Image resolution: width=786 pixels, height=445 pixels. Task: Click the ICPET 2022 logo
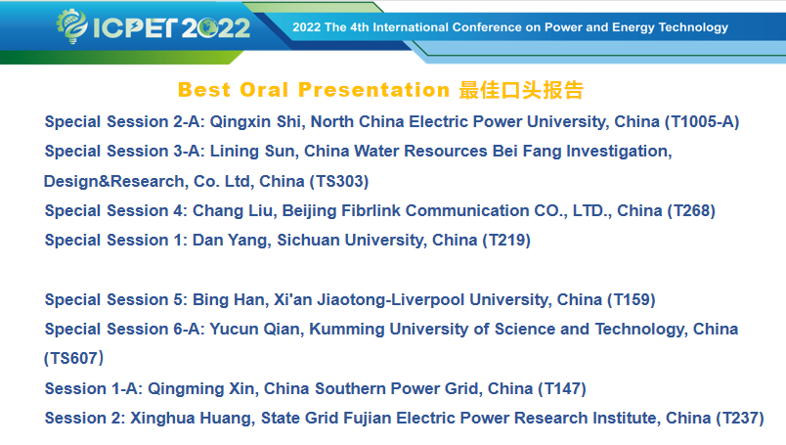(153, 26)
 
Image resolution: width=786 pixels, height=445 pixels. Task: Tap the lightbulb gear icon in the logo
(71, 26)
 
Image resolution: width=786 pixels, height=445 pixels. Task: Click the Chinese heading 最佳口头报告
(521, 90)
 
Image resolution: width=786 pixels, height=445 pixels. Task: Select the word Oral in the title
(264, 90)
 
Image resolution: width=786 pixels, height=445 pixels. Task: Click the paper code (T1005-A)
(702, 122)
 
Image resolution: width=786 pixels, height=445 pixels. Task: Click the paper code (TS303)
(339, 181)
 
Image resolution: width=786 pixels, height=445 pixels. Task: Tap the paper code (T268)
(691, 210)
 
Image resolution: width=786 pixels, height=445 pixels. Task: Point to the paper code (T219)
(506, 241)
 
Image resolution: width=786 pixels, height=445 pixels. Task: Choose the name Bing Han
(229, 300)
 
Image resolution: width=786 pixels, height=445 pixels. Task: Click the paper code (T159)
(632, 300)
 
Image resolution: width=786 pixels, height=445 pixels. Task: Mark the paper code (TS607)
(73, 359)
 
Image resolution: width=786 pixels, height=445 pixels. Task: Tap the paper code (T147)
(562, 389)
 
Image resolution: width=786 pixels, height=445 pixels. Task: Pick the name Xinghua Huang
(191, 419)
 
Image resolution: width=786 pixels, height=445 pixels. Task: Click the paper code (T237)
(740, 419)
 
